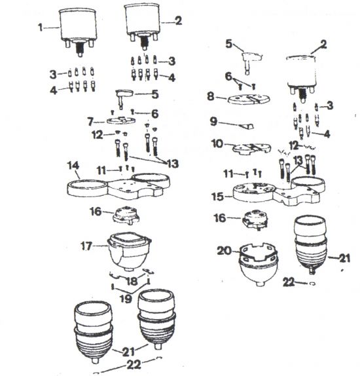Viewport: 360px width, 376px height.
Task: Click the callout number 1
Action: point(41,27)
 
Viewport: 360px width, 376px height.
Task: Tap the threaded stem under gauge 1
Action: point(80,48)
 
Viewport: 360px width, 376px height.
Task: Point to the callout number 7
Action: point(90,122)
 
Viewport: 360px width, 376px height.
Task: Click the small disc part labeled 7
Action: point(121,120)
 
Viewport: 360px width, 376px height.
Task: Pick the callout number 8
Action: point(210,96)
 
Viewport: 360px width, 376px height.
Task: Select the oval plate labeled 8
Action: point(249,99)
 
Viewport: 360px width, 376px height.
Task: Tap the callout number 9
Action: point(213,121)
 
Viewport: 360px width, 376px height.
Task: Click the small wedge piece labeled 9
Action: point(246,126)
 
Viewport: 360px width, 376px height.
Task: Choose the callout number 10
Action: point(217,143)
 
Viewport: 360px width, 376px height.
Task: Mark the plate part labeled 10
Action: point(252,149)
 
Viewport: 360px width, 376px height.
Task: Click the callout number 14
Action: point(73,166)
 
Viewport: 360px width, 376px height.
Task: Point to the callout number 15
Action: point(217,197)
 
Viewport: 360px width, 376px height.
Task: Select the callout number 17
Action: point(86,246)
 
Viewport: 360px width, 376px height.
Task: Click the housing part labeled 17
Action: point(130,251)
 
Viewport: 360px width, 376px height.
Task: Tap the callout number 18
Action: point(132,281)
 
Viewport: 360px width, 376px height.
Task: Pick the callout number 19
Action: point(126,299)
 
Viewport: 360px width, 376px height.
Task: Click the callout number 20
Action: point(225,251)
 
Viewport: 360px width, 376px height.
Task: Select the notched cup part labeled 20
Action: point(259,265)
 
